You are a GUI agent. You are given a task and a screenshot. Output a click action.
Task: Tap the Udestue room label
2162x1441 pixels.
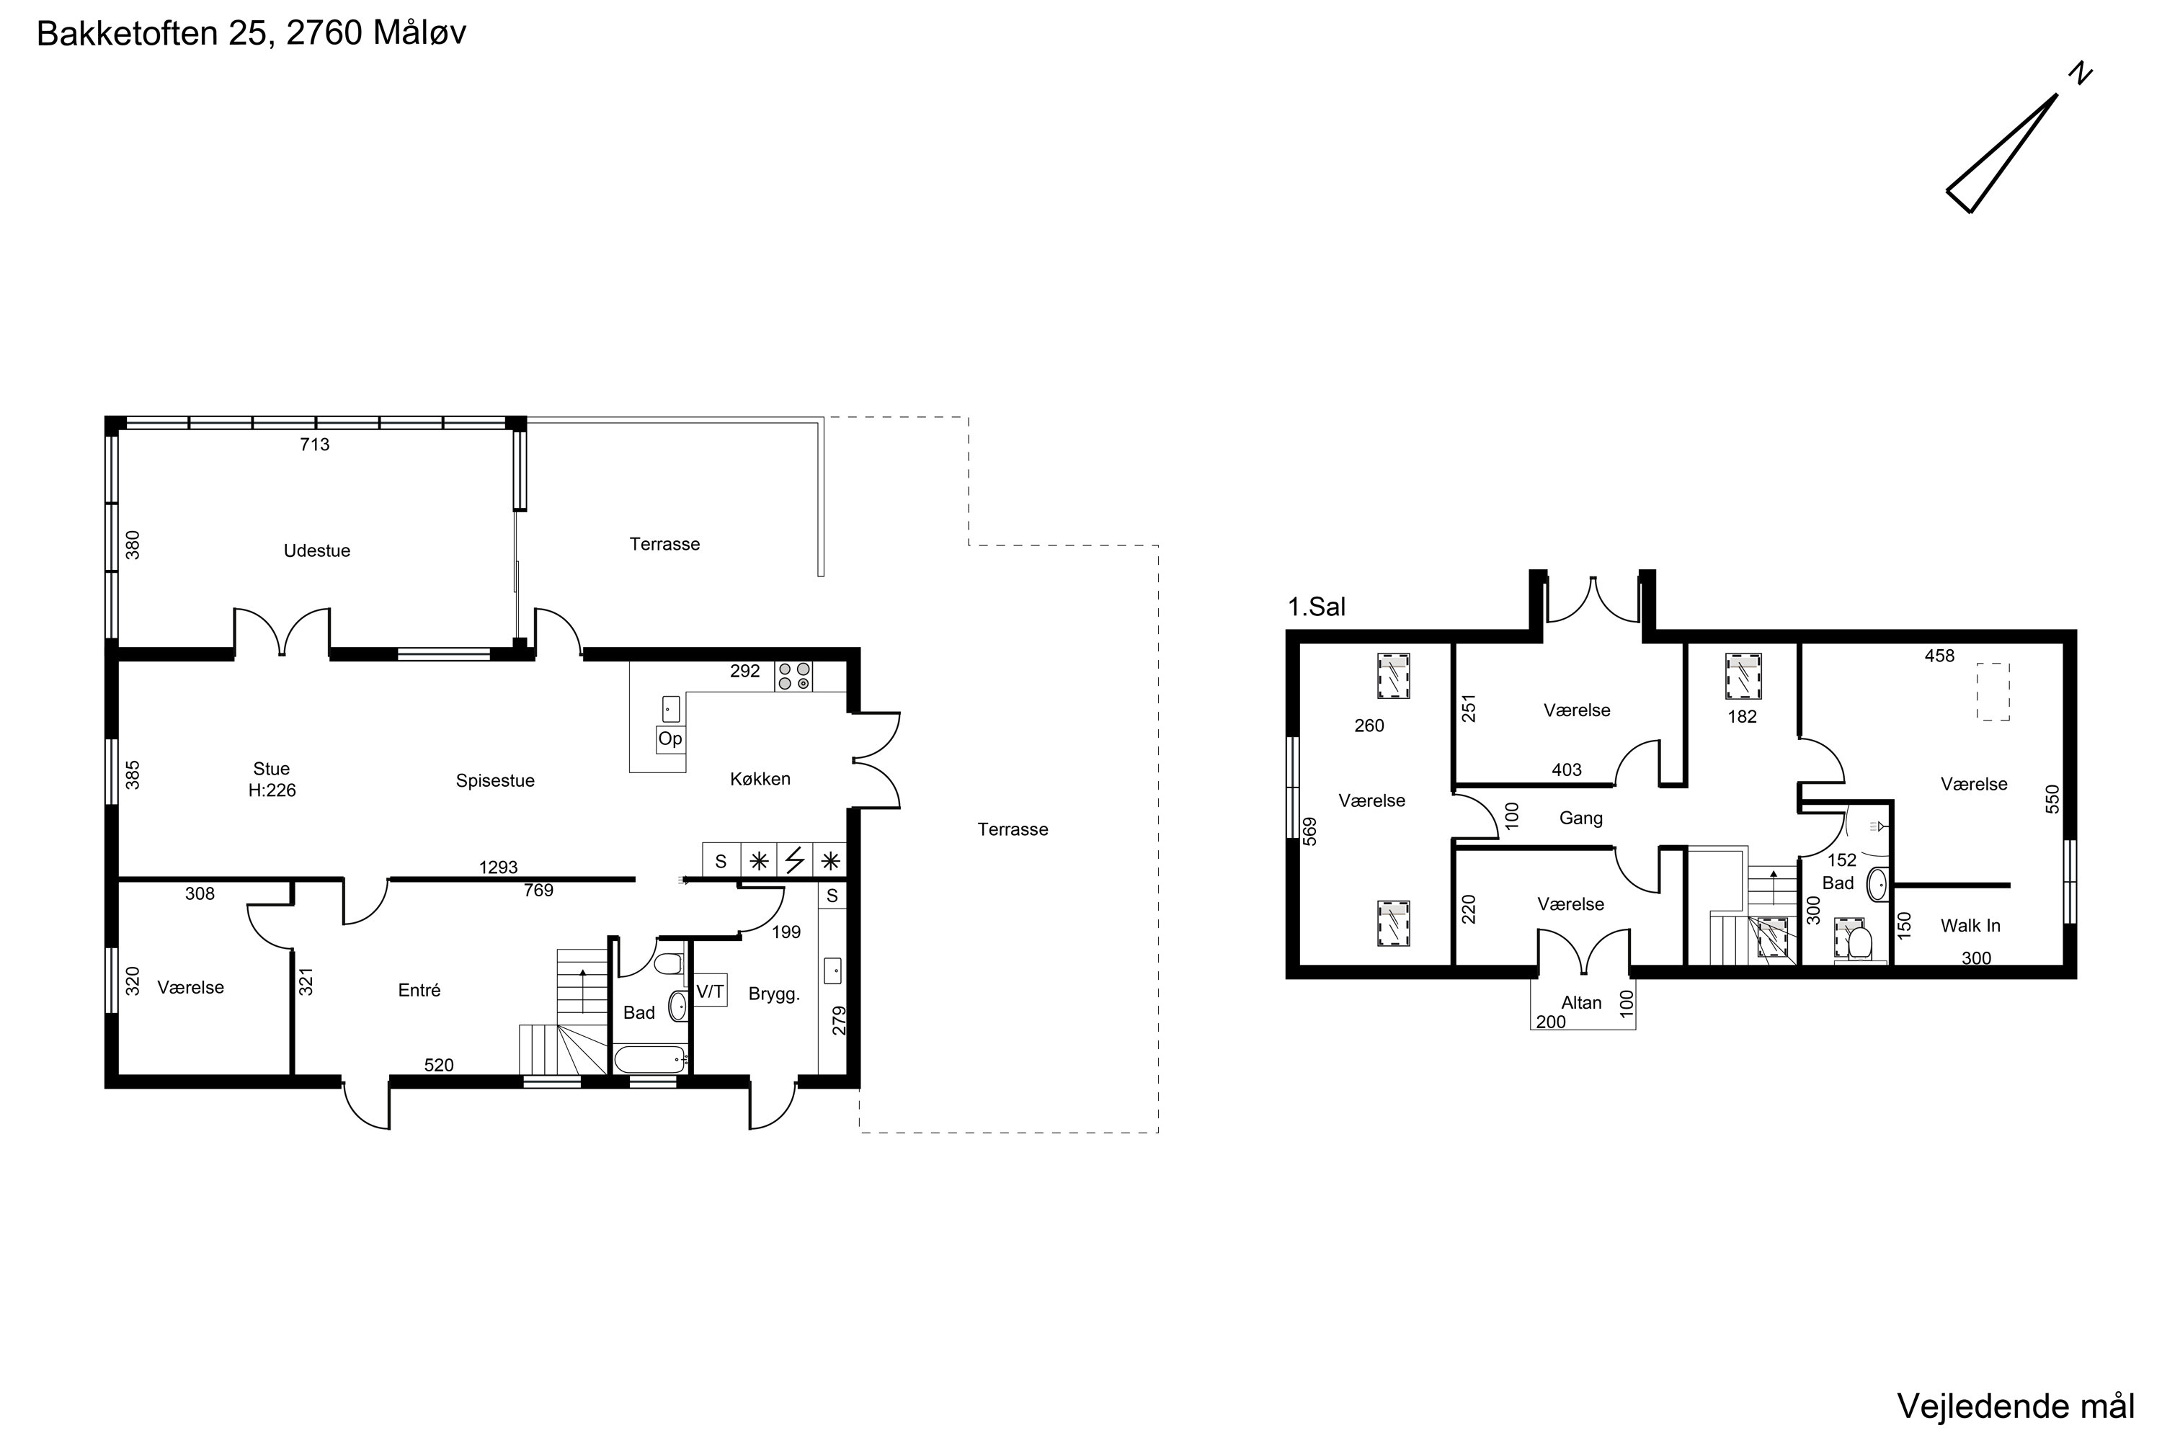click(317, 550)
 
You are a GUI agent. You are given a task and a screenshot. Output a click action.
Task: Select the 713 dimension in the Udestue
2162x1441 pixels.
click(314, 445)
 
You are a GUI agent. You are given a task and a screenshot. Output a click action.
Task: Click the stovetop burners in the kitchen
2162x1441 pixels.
click(794, 677)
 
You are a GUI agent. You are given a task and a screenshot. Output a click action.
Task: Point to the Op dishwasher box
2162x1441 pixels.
click(670, 739)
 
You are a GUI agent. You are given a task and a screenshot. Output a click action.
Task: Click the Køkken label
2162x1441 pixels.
click(760, 780)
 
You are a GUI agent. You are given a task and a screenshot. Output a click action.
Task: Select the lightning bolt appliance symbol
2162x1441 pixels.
click(795, 861)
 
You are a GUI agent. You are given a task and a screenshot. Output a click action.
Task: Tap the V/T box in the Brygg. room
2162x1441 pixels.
click(711, 991)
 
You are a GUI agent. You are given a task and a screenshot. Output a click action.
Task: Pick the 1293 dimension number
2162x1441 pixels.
click(498, 867)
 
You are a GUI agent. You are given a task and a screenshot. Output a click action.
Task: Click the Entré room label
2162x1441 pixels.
click(419, 991)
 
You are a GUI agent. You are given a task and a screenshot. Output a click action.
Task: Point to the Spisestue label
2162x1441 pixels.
click(496, 781)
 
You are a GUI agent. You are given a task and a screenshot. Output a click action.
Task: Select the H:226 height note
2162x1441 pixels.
click(272, 790)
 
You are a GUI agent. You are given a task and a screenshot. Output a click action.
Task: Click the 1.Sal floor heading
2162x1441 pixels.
click(1317, 607)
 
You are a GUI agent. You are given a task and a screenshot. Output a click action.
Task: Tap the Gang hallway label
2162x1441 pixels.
click(1581, 818)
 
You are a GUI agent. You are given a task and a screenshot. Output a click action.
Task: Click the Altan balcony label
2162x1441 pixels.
click(1581, 1003)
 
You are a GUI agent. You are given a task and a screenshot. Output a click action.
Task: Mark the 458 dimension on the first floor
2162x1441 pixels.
click(1939, 656)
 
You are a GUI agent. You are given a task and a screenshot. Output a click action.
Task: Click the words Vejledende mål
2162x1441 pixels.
click(2016, 1406)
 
